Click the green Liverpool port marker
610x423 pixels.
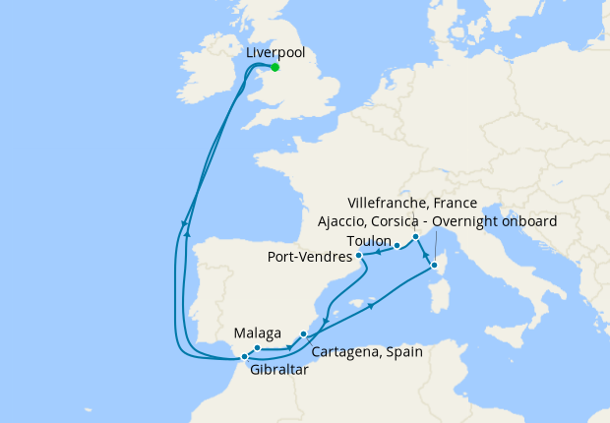pos(274,67)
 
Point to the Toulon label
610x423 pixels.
pos(369,241)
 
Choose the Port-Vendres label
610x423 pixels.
pos(310,258)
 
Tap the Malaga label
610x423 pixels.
pos(258,333)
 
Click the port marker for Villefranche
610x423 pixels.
pos(416,237)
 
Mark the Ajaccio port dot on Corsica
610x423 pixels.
pos(434,265)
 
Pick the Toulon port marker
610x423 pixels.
pos(396,246)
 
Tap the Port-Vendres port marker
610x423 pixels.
pos(359,256)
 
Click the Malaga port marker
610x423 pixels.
pos(256,348)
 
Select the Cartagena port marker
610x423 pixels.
pos(303,335)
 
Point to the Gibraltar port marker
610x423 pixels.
pos(244,357)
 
